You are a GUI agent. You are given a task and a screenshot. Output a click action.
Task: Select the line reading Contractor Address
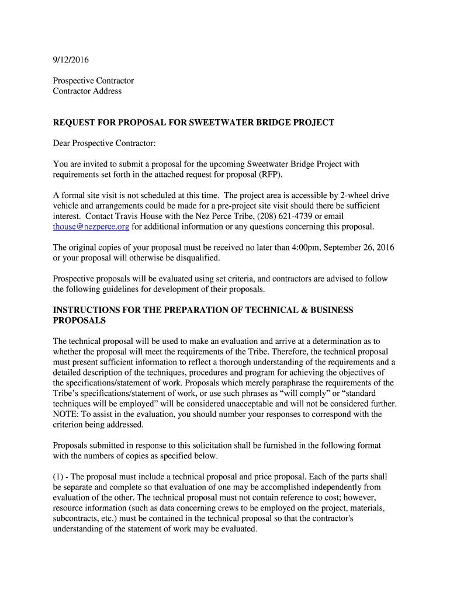(87, 91)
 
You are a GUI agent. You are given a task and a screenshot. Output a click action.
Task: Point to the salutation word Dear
(63, 144)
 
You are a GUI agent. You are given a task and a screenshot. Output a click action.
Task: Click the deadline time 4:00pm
(309, 248)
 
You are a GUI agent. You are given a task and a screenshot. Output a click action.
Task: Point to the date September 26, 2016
(361, 248)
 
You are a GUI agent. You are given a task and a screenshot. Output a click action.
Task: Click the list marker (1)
(59, 477)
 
